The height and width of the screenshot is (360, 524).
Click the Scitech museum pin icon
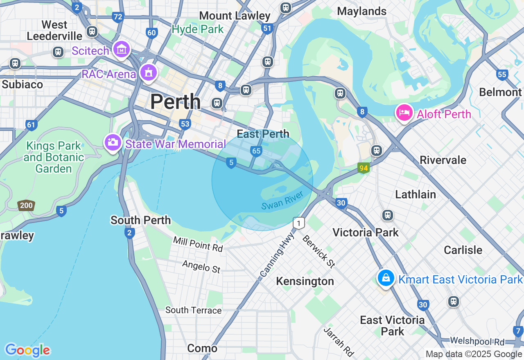pos(121,50)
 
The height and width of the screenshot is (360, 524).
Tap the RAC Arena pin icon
pos(148,73)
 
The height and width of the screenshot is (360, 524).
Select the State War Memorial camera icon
pos(112,143)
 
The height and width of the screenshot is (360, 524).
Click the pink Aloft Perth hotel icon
pos(404,112)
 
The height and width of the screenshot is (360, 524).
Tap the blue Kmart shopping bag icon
pos(385,278)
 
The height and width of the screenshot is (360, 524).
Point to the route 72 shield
pos(118,17)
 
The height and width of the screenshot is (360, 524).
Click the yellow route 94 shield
pos(363,168)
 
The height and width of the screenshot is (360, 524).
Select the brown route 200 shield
pos(26,205)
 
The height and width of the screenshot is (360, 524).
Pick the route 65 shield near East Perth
pos(256,151)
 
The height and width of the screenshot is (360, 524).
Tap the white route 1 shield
pos(299,223)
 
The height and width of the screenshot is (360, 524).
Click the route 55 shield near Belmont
pos(502,74)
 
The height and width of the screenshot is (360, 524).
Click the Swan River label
pos(282,200)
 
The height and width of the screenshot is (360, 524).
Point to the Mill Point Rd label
pos(198,244)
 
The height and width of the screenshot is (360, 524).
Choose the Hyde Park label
pos(198,29)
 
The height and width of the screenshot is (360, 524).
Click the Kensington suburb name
pos(305,281)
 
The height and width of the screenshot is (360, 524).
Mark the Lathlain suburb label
pos(415,194)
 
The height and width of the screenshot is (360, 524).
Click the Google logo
pos(27,350)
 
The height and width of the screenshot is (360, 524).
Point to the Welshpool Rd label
pos(477,341)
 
